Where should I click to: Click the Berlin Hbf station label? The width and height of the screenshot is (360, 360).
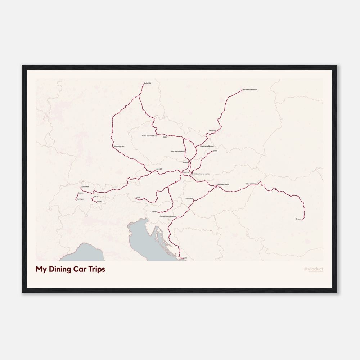click(x=147, y=83)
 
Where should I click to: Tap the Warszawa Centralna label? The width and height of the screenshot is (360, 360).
click(x=250, y=89)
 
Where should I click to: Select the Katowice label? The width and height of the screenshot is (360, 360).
click(x=212, y=130)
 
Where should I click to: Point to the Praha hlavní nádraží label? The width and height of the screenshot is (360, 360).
click(x=149, y=136)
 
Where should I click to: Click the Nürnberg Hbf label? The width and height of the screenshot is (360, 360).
click(x=119, y=147)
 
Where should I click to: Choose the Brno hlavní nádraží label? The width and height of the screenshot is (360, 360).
click(x=178, y=152)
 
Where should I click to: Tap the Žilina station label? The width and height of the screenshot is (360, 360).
click(x=215, y=151)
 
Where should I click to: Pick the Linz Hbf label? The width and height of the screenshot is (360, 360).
click(x=158, y=169)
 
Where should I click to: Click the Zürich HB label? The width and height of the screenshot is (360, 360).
click(x=85, y=187)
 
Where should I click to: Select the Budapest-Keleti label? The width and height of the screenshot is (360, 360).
click(x=223, y=184)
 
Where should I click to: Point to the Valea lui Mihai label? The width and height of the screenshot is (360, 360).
click(x=251, y=184)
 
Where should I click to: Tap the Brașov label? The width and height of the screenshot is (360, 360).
click(x=298, y=219)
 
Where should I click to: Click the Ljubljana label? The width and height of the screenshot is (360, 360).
click(x=154, y=212)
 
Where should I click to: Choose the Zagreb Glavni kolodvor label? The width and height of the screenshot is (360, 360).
click(x=168, y=216)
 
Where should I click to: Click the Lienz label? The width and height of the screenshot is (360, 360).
click(x=138, y=197)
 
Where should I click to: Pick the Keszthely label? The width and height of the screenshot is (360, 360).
click(x=189, y=198)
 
